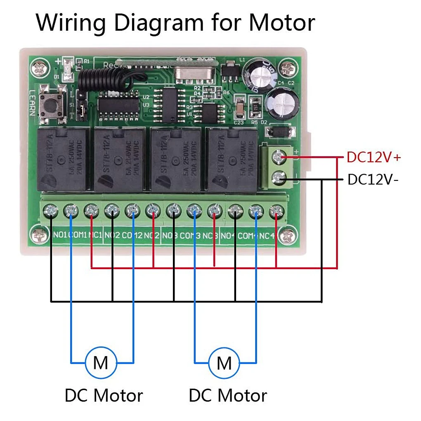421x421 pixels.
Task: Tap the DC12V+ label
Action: [x=374, y=157]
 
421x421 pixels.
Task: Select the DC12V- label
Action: [x=373, y=180]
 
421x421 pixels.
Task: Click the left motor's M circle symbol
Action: [x=100, y=363]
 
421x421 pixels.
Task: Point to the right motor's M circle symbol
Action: [x=224, y=363]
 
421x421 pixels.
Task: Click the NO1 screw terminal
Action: [x=50, y=212]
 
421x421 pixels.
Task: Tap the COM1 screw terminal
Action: [x=71, y=212]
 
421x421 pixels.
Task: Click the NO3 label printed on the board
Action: [x=170, y=236]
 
